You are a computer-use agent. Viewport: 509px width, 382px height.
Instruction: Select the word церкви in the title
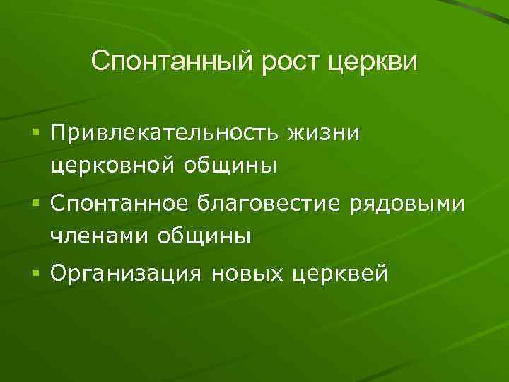tap(373, 62)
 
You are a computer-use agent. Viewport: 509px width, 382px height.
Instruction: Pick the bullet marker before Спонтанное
tap(35, 203)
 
